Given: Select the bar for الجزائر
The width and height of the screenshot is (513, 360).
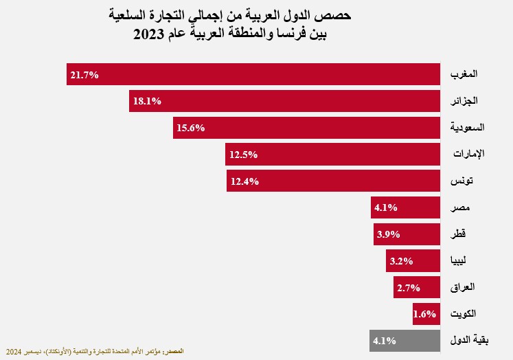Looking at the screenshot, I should [x=284, y=101].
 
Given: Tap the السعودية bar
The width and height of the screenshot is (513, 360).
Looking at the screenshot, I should [x=306, y=128].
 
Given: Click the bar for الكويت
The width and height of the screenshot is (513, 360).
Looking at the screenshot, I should [x=426, y=314].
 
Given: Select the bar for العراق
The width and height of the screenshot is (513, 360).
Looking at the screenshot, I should [x=416, y=287].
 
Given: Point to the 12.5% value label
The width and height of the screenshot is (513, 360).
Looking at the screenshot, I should [x=244, y=155].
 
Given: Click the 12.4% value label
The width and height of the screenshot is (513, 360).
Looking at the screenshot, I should [x=244, y=181].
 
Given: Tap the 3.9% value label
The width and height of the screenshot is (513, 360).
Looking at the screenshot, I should [x=388, y=234].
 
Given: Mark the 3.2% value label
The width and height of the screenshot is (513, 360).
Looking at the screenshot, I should [x=400, y=261].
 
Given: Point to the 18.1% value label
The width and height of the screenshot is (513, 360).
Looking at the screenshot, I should [x=147, y=101].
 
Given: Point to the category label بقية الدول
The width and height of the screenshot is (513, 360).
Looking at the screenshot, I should [x=468, y=340].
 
